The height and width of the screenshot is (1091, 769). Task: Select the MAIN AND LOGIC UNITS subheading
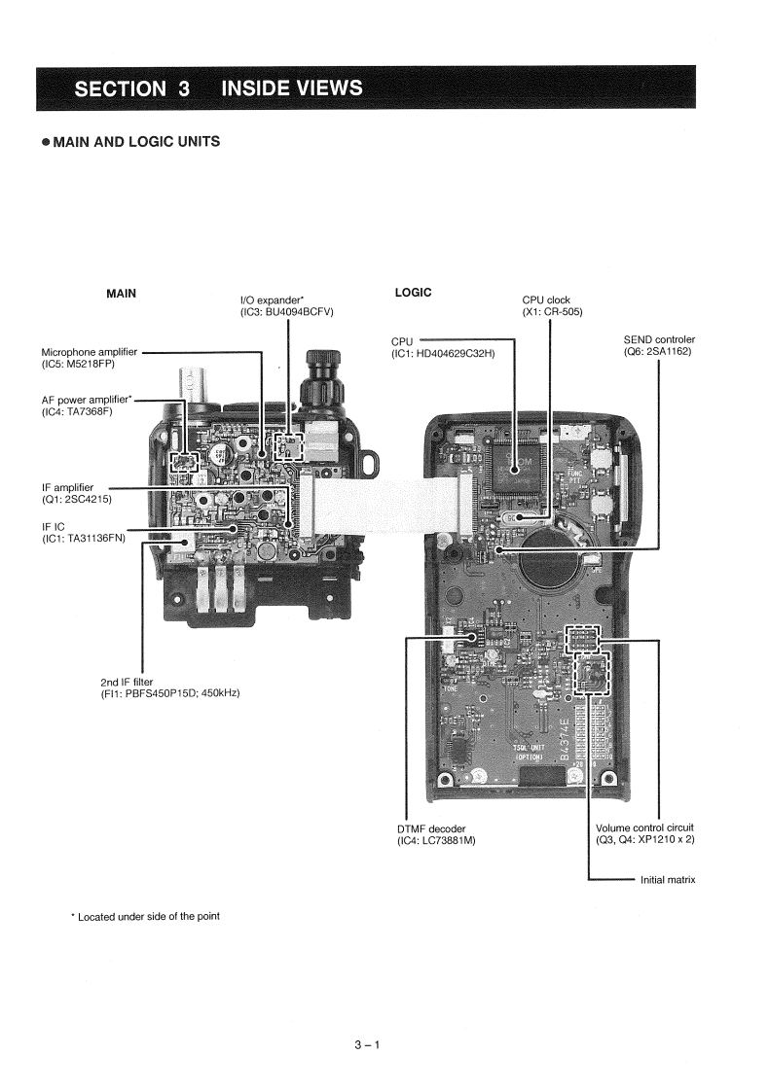pos(130,142)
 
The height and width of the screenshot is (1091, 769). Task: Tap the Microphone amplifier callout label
pos(90,352)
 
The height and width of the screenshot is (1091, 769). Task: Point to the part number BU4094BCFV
pos(288,311)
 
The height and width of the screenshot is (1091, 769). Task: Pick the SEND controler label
pos(659,339)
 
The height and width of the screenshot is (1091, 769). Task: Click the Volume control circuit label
pos(644,827)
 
